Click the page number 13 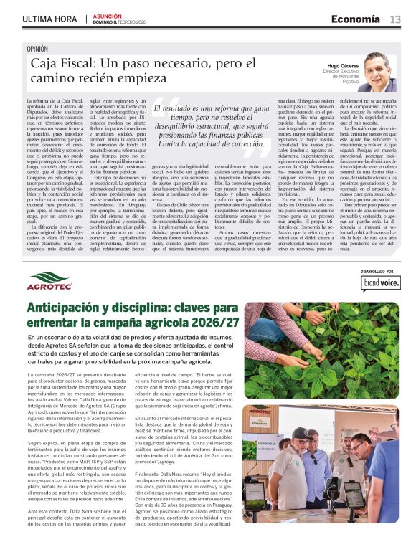click(x=395, y=19)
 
